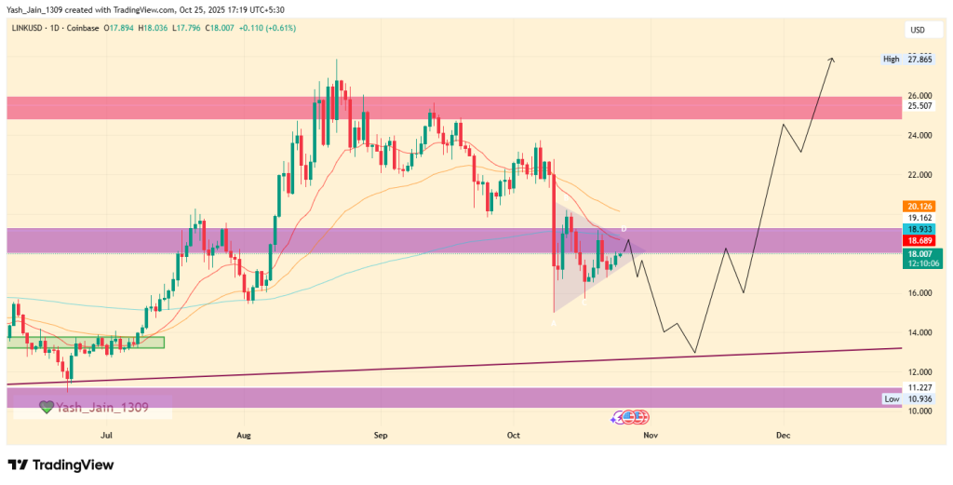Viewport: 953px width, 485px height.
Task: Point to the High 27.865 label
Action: click(906, 60)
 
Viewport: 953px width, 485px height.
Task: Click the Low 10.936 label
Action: click(906, 398)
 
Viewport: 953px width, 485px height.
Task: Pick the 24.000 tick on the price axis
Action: click(919, 135)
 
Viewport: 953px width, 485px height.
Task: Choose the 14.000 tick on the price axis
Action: click(919, 332)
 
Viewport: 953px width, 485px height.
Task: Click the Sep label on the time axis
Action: click(379, 435)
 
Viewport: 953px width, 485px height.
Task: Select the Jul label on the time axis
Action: click(107, 435)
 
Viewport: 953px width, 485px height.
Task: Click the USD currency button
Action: click(918, 31)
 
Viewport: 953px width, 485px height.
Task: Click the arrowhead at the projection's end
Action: click(831, 61)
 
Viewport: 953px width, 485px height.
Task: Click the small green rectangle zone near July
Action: click(86, 343)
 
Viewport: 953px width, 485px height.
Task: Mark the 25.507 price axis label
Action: click(919, 106)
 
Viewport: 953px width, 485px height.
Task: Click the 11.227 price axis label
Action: click(919, 387)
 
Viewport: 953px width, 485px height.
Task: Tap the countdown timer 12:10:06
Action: click(919, 263)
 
